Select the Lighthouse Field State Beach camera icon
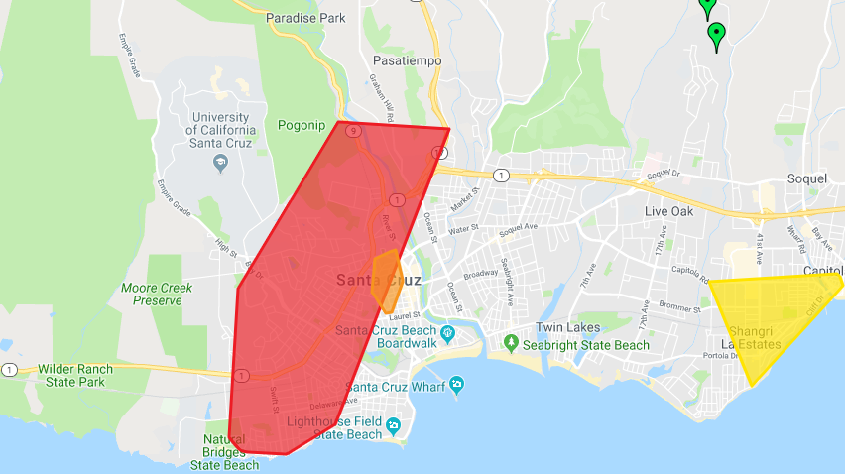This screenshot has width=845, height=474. coord(394,427)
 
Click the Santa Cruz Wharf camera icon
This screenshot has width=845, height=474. coord(456,384)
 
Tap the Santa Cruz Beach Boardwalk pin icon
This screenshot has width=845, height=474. coord(447,332)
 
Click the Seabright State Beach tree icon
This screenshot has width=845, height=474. coord(511,343)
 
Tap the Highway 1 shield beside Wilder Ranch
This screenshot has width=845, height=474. coord(9,370)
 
